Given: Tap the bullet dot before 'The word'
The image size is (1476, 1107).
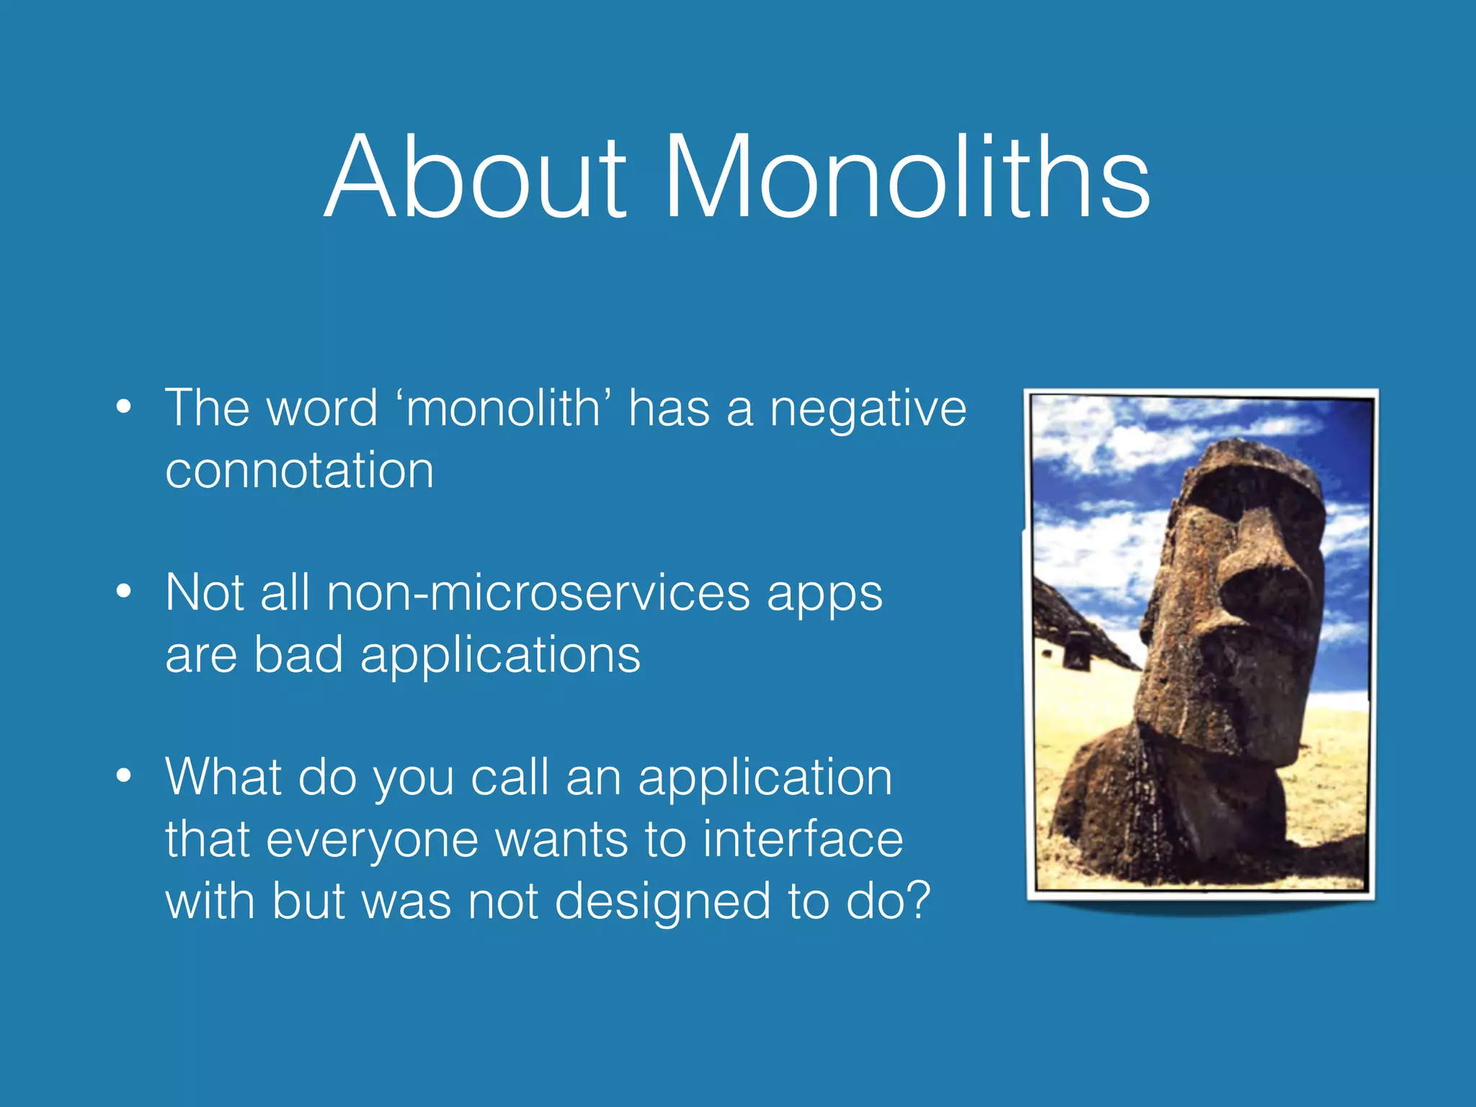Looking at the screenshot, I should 124,407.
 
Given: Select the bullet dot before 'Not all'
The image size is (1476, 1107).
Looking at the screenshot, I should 124,592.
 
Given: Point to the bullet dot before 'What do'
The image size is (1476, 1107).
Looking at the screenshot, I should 124,776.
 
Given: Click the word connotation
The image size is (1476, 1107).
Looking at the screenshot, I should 299,471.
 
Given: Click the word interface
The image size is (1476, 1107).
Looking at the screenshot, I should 802,840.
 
